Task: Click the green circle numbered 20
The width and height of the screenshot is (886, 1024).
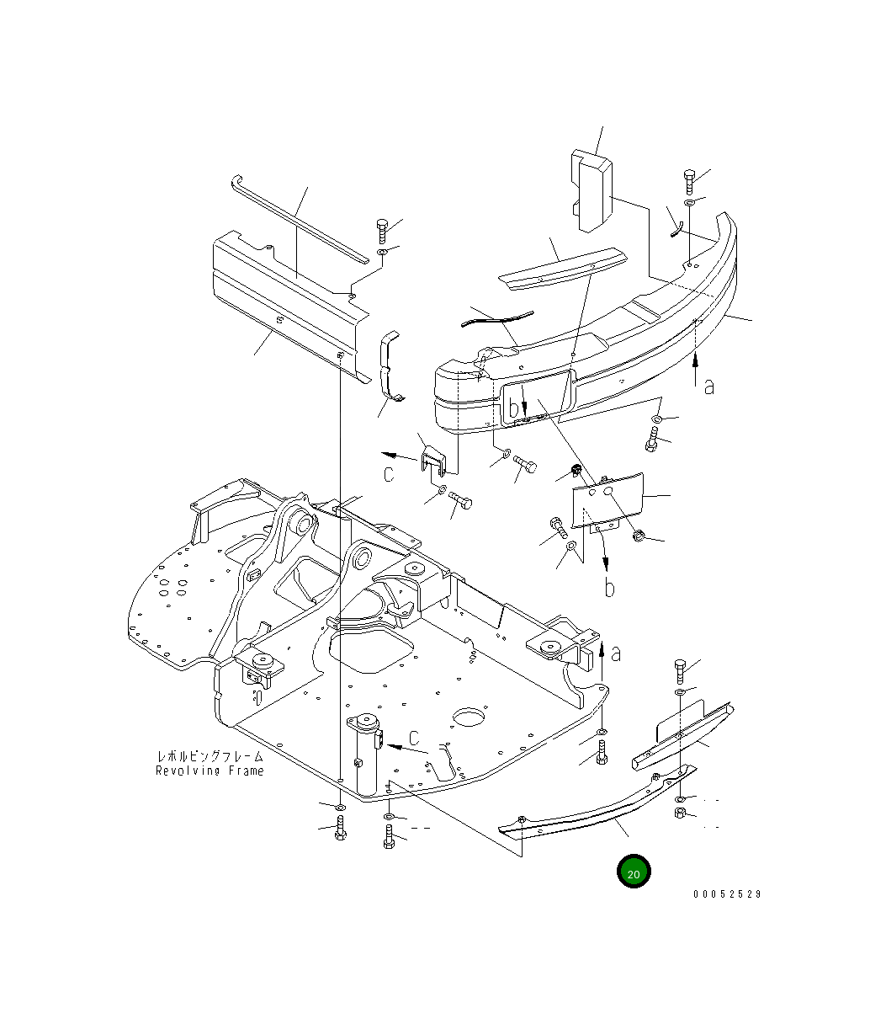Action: coord(634,872)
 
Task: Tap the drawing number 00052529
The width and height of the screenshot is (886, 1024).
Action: coord(727,894)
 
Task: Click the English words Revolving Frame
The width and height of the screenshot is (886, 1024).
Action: coord(210,771)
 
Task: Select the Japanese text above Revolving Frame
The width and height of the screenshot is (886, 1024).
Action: coord(210,756)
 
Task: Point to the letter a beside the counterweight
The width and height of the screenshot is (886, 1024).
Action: coord(709,387)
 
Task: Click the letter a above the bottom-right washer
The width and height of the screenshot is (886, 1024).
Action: coord(617,653)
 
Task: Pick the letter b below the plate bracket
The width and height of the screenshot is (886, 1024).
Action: coord(609,587)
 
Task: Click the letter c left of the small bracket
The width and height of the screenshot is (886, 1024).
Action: coord(389,474)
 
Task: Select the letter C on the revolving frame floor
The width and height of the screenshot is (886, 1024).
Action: coord(414,739)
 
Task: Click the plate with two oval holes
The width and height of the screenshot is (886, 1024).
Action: coord(607,501)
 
